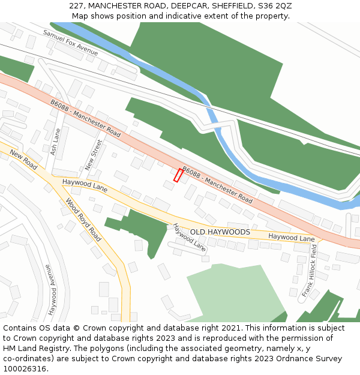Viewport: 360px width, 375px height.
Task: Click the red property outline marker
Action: [x=178, y=175]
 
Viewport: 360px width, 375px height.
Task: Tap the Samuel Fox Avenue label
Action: [x=70, y=41]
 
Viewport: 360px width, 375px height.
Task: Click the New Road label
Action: [x=24, y=159]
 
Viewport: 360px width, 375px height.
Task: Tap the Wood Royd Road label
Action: [x=83, y=220]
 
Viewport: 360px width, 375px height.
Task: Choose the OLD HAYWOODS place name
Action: [x=220, y=232]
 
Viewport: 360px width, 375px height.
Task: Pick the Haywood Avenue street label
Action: [x=51, y=290]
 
